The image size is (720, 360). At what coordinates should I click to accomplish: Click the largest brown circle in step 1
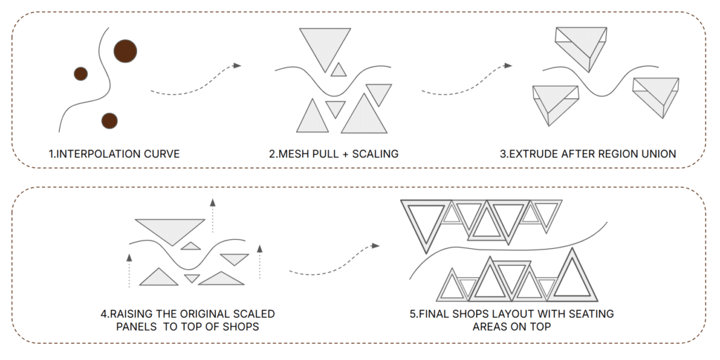[x=125, y=51]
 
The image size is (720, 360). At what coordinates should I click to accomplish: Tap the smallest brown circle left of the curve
[x=81, y=73]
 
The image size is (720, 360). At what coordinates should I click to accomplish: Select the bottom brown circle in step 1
[x=109, y=121]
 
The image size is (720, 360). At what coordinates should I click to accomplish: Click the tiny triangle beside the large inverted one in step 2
[x=339, y=70]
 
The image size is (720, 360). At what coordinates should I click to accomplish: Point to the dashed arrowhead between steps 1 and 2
[x=237, y=65]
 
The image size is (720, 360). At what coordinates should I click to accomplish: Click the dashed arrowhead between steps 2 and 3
[x=508, y=65]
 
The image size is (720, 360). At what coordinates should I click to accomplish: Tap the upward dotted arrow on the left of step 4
[x=129, y=271]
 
